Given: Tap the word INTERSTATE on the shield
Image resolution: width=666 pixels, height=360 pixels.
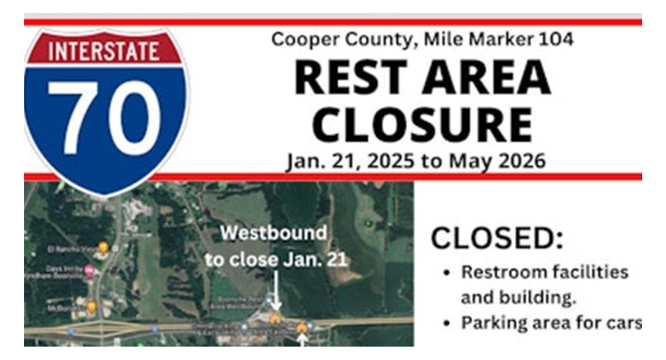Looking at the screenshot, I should (106, 52).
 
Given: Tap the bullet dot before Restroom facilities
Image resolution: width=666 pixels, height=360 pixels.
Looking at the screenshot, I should (449, 273).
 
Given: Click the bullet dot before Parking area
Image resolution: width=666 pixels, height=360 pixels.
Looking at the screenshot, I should (449, 324).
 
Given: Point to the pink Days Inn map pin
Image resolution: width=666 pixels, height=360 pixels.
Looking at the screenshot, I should (89, 270).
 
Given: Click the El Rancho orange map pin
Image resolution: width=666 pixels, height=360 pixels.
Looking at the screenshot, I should (102, 247).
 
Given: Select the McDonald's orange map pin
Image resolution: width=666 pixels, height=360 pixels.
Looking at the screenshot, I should (91, 307).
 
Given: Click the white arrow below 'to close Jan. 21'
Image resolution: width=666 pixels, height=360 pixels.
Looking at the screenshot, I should (275, 294).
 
